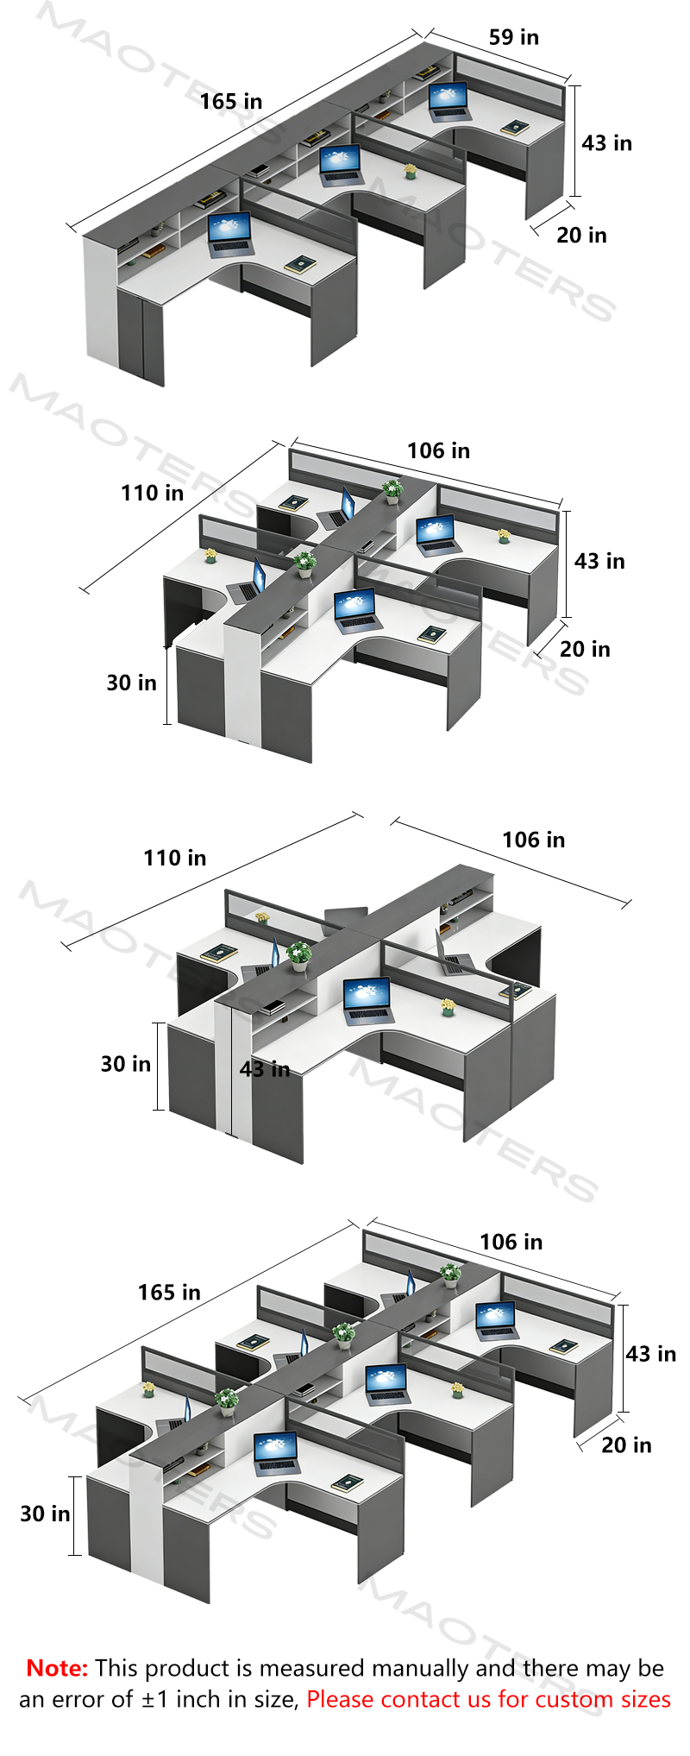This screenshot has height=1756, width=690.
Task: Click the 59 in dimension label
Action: pos(513,37)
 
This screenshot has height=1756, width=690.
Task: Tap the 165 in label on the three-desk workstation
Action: pos(231,102)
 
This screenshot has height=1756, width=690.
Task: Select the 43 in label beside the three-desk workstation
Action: pos(606,143)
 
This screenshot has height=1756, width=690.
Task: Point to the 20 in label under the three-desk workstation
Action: pos(581,236)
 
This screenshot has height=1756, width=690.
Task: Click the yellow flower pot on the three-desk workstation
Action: pos(411,171)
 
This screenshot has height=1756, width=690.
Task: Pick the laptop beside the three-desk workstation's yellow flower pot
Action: pos(340,165)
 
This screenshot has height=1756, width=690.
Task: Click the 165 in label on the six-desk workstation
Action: pos(169,1293)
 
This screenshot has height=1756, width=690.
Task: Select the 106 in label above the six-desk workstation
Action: pos(511,1243)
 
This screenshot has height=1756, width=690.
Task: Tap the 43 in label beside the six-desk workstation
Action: pos(651,1354)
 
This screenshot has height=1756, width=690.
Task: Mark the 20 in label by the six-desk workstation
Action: pos(627,1445)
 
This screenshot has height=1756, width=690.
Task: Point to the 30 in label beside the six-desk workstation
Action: pos(46,1514)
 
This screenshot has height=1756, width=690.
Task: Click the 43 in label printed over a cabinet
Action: pos(265,1070)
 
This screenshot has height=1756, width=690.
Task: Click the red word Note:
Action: pos(57,1668)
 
